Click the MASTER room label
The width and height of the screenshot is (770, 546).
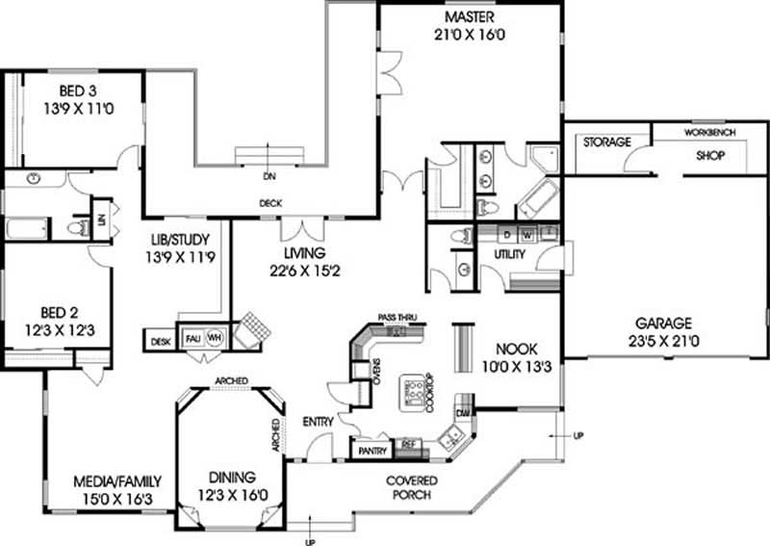coord(470,18)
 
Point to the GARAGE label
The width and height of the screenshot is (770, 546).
coord(663,324)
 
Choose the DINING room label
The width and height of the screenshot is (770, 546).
coord(229,477)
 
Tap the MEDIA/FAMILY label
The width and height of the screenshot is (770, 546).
coord(118,481)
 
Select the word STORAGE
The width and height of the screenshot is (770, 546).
coord(607,143)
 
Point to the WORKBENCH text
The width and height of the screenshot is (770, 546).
coord(710,131)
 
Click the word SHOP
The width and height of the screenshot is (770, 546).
coord(710,153)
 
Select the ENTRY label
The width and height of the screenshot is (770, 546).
coord(317,422)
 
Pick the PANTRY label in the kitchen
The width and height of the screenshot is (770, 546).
coord(372,450)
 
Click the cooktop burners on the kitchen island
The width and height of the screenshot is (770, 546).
coord(415,390)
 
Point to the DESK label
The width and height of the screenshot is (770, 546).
coord(158,340)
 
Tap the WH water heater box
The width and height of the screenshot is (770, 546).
coord(216,337)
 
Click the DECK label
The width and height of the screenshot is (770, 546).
coord(269,203)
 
